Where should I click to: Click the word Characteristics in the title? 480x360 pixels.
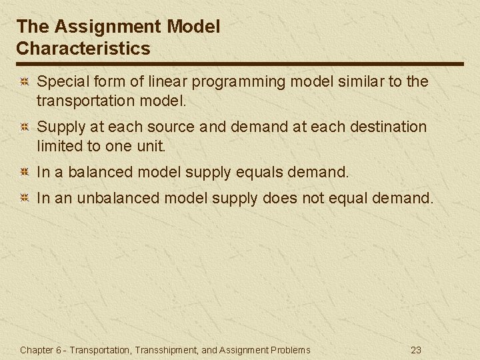83,49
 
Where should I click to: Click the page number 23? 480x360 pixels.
416,350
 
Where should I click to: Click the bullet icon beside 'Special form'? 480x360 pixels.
23,82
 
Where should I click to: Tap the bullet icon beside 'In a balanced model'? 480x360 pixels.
23,173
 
